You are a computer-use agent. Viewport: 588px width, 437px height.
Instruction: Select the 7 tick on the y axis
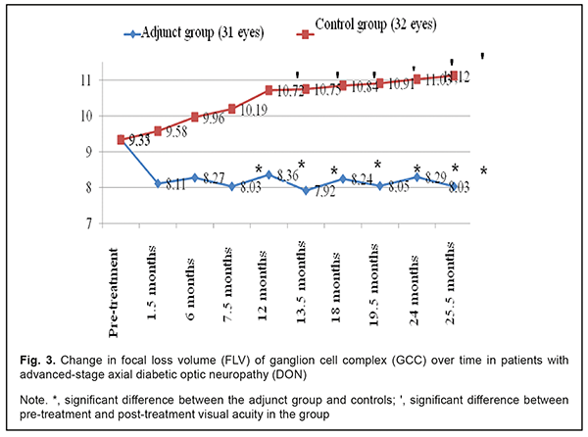click(87, 223)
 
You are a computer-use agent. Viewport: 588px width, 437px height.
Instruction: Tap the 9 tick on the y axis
click(87, 152)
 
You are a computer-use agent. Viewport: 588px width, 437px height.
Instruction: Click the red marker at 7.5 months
click(232, 108)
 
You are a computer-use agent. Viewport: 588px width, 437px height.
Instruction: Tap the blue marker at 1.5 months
click(157, 183)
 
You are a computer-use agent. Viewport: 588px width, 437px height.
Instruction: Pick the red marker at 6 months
click(195, 117)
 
